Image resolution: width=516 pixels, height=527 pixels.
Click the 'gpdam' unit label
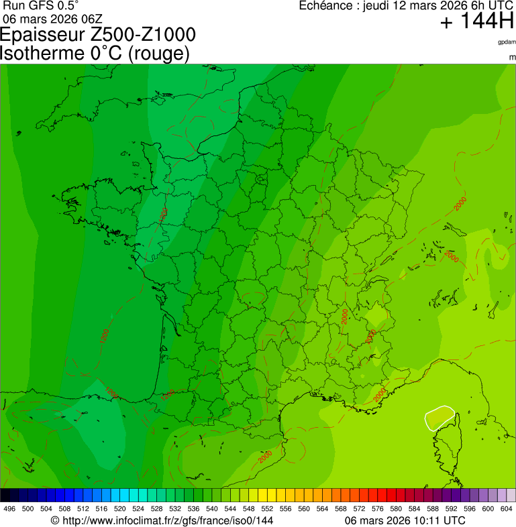pyautogui.click(x=507, y=42)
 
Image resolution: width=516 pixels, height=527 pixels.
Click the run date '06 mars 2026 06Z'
pyautogui.click(x=48, y=18)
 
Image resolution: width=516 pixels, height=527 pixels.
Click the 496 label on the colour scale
pyautogui.click(x=9, y=509)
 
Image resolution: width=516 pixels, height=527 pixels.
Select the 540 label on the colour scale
pyautogui.click(x=212, y=509)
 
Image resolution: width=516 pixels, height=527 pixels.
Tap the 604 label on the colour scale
pyautogui.click(x=507, y=509)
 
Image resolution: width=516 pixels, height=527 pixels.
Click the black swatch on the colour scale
pyautogui.click(x=5, y=495)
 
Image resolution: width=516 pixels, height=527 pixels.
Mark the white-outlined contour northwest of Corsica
pyautogui.click(x=440, y=418)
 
